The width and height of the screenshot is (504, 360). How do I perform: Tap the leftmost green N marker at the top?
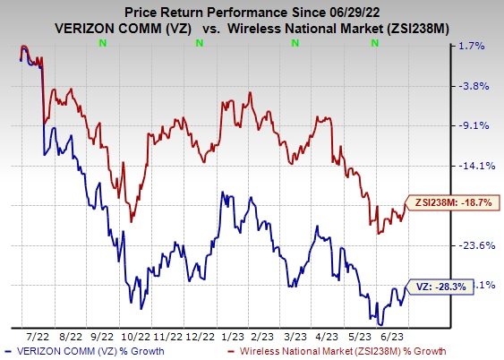pos(105,43)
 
